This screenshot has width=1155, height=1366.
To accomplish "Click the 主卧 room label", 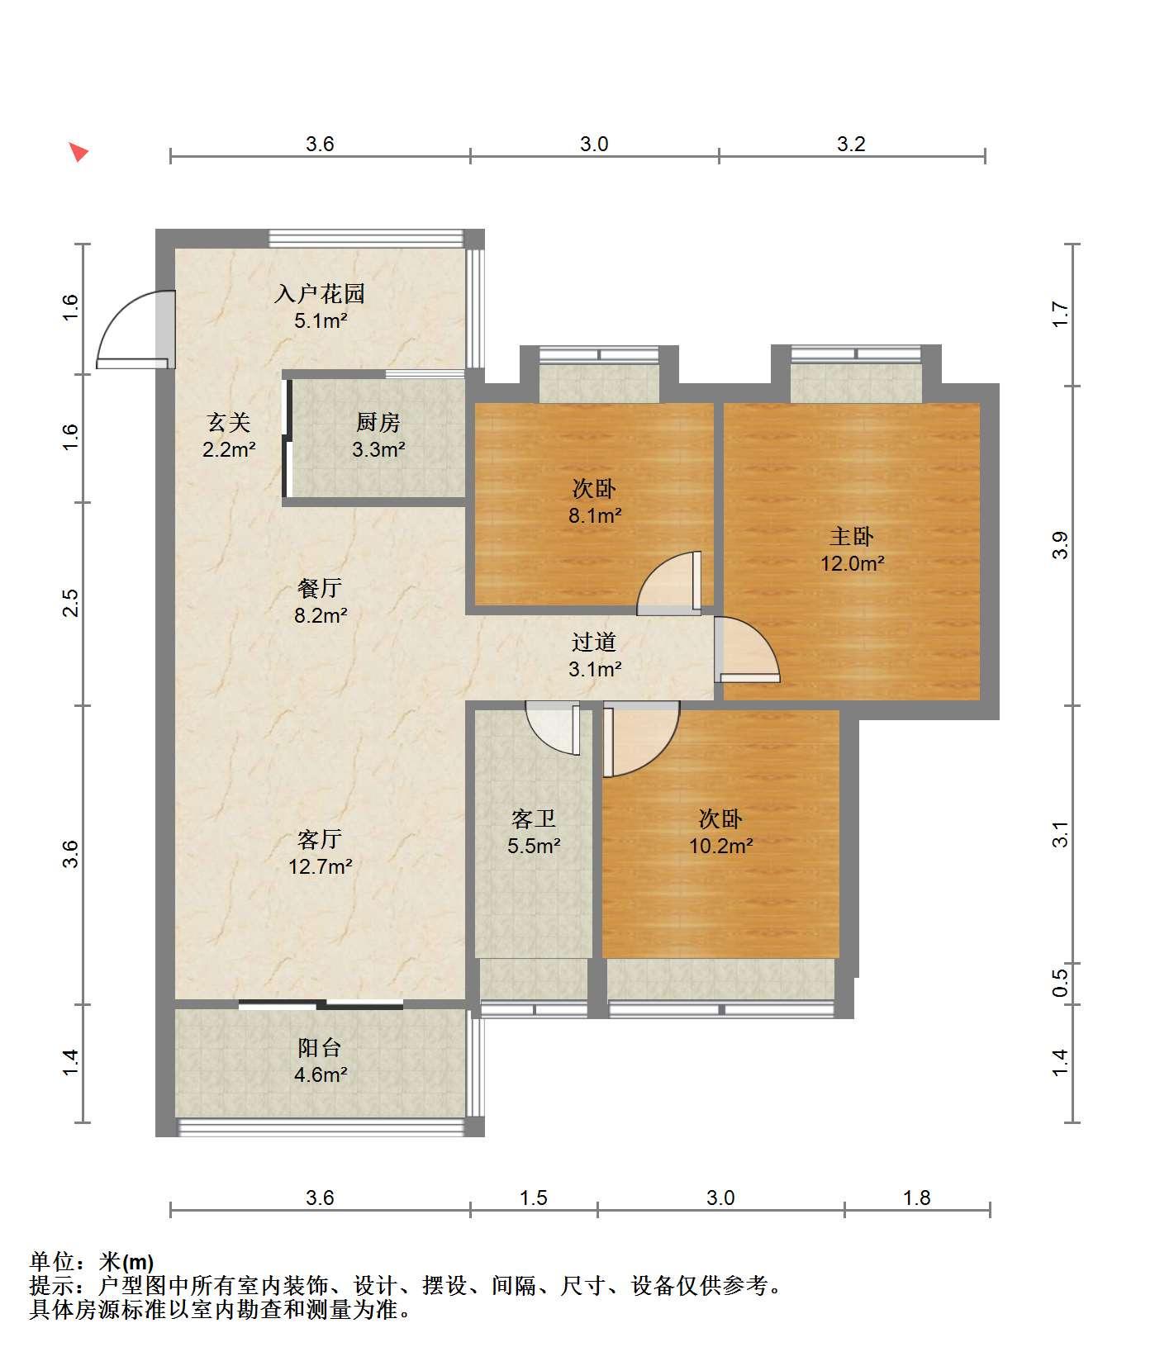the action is [x=851, y=537].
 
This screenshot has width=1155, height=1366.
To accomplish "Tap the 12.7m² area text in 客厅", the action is [x=321, y=866].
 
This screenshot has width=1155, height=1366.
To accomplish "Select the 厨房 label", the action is [x=378, y=422].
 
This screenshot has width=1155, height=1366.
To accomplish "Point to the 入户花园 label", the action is [x=320, y=293].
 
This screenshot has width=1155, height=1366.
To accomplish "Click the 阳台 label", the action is [x=320, y=1047].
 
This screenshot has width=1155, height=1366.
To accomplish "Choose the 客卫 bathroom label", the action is [x=534, y=818].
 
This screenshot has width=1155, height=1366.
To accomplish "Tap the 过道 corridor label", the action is [x=594, y=642].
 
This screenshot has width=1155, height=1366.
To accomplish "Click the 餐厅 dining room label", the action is [x=320, y=588].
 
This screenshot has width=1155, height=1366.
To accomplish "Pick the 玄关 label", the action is [x=228, y=422].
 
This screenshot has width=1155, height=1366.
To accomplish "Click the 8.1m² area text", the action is [x=594, y=516].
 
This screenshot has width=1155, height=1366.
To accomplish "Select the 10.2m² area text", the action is [x=720, y=846].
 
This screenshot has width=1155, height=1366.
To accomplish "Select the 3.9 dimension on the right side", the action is [x=1061, y=545].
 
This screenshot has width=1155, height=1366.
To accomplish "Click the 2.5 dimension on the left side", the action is [x=71, y=603].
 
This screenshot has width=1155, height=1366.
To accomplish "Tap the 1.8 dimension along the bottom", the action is [x=917, y=1198].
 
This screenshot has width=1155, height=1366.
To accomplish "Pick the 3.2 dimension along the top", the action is [x=851, y=145].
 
